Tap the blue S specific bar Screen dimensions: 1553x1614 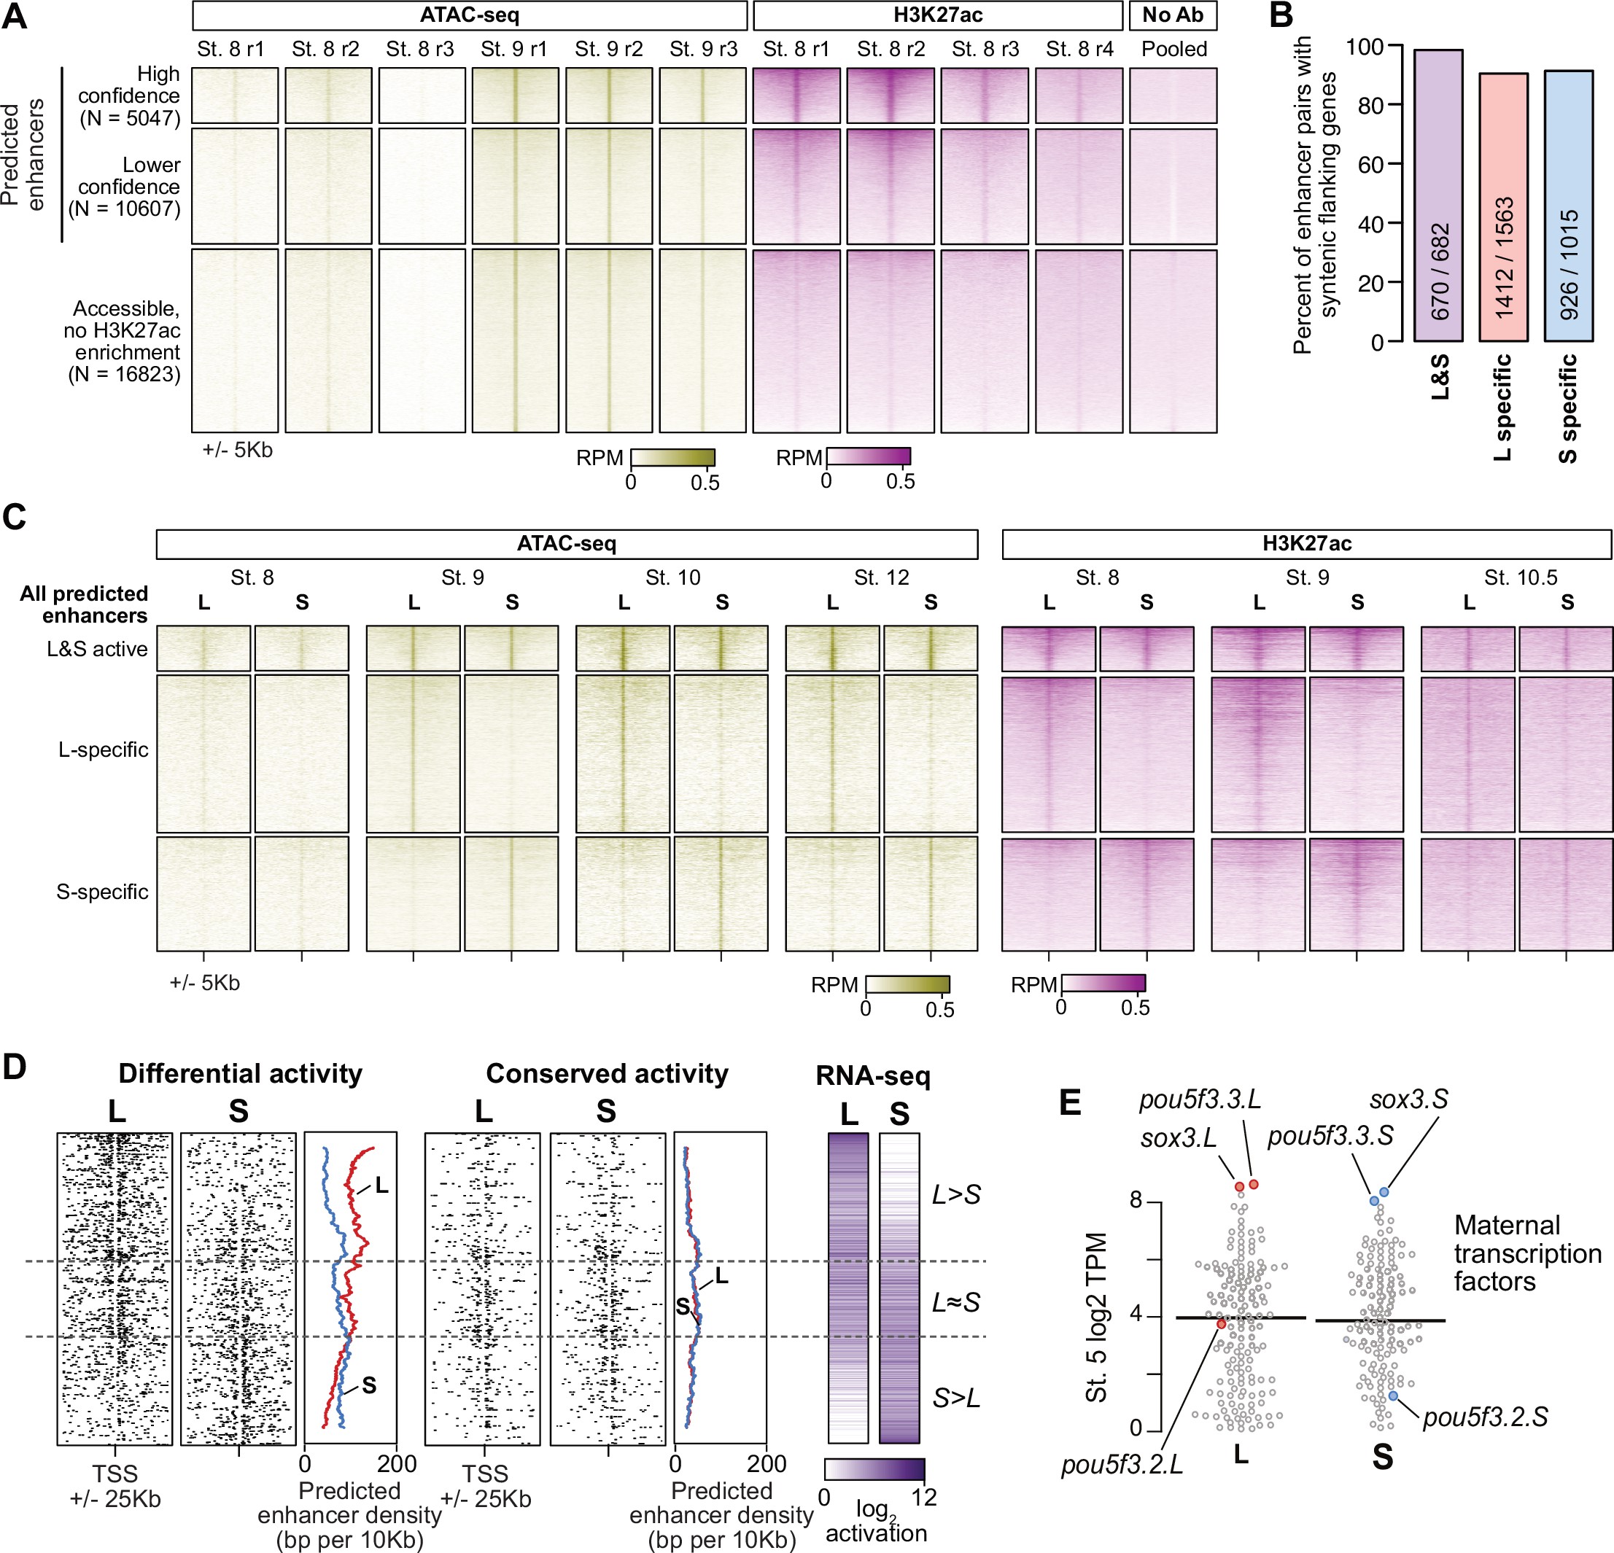pos(1569,206)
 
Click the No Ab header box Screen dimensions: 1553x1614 pos(1173,15)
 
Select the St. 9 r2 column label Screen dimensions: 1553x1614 pos(608,50)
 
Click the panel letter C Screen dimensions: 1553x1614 pos(15,517)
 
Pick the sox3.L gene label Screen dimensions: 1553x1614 pos(1179,1139)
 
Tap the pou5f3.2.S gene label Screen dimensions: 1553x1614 pos(1485,1417)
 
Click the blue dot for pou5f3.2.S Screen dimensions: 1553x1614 pos(1392,1395)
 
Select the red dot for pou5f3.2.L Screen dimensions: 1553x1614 pos(1221,1323)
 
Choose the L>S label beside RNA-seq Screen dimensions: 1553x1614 pos(956,1195)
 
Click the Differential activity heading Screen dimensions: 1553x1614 pos(240,1074)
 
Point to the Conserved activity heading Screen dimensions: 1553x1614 pos(607,1074)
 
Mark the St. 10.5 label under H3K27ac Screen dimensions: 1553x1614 pos(1520,578)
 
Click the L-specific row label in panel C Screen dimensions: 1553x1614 pos(103,750)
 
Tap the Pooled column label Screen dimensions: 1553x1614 pos(1173,50)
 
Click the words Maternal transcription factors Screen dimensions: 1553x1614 pos(1526,1253)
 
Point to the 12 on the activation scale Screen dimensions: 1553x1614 pos(924,1498)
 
